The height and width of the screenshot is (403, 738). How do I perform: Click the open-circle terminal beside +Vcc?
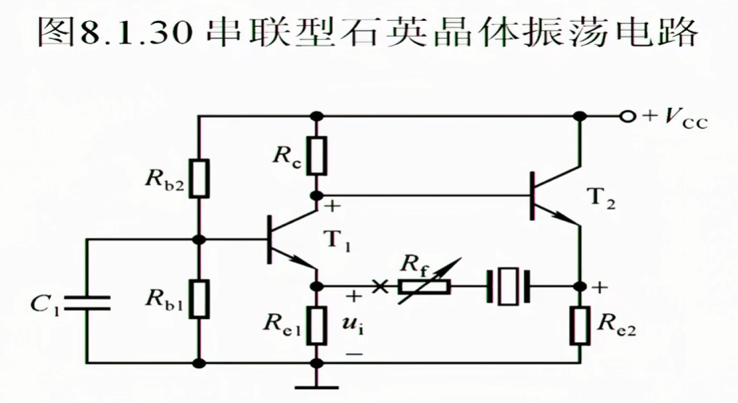pos(628,117)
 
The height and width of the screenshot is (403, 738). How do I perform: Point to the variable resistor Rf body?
pos(424,286)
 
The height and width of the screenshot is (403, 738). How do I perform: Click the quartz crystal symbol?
pos(509,286)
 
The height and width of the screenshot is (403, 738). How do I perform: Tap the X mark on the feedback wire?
pos(378,286)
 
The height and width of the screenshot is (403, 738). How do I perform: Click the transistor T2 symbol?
pos(552,196)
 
